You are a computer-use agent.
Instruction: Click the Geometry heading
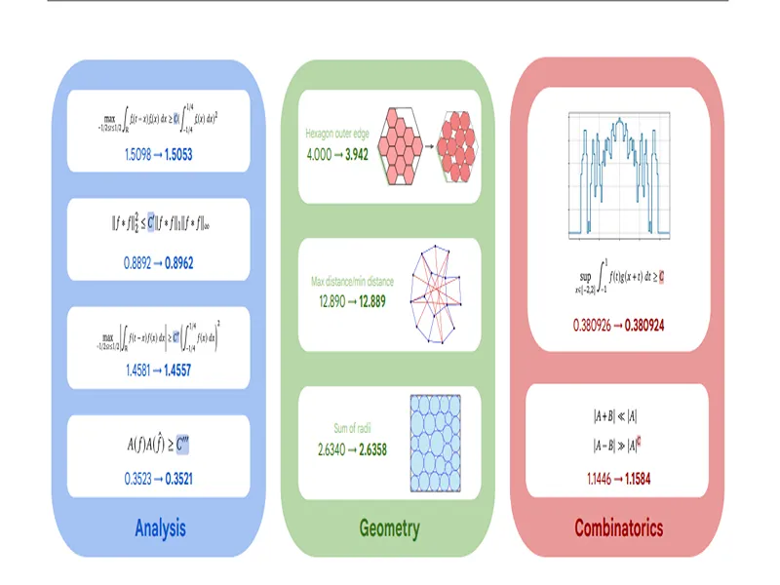pyautogui.click(x=388, y=528)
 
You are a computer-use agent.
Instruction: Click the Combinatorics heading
pyautogui.click(x=618, y=528)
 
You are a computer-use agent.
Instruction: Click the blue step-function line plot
pyautogui.click(x=617, y=174)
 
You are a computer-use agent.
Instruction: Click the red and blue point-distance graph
pyautogui.click(x=439, y=294)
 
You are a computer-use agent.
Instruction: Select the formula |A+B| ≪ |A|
pyautogui.click(x=615, y=416)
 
